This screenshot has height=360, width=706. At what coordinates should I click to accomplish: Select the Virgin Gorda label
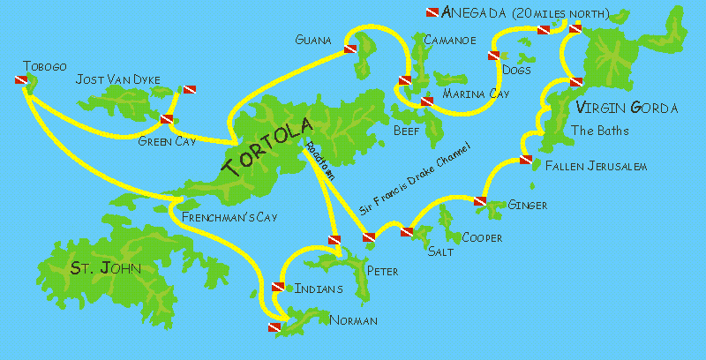(x=627, y=109)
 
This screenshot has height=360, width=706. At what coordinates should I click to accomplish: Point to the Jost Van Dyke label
(x=118, y=80)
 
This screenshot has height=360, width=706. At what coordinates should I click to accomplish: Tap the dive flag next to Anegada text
(x=432, y=12)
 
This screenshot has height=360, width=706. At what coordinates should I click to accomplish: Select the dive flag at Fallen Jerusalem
(x=526, y=160)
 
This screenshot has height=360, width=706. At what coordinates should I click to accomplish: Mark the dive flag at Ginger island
(x=480, y=202)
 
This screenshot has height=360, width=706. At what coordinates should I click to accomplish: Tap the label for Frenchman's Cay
(x=222, y=217)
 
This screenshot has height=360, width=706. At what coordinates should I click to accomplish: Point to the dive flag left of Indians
(x=278, y=287)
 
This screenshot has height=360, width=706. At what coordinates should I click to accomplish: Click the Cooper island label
(x=483, y=238)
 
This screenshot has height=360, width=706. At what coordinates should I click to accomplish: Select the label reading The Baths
(x=600, y=131)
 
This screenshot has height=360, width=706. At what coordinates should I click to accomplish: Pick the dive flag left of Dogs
(x=492, y=56)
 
